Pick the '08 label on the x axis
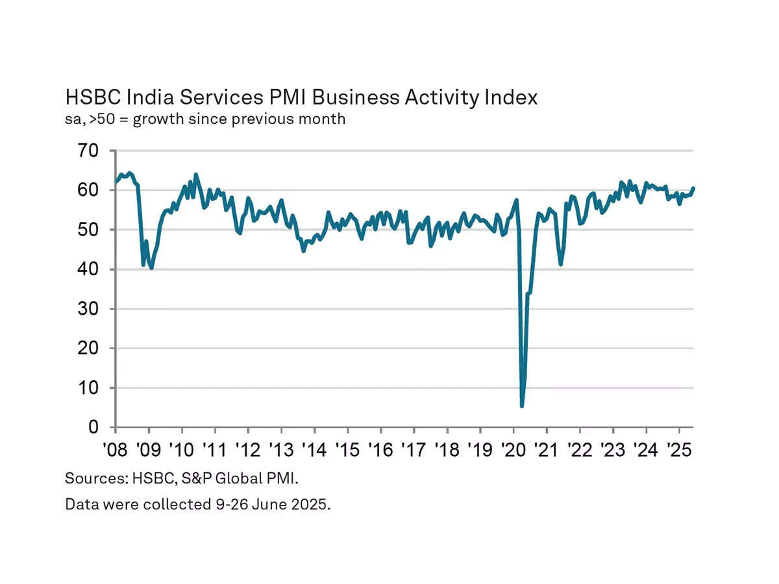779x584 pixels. (x=116, y=449)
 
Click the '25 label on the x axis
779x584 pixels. (x=679, y=449)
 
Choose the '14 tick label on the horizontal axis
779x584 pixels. (x=314, y=449)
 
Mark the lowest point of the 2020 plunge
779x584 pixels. (x=522, y=406)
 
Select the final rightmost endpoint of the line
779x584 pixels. (x=693, y=188)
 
